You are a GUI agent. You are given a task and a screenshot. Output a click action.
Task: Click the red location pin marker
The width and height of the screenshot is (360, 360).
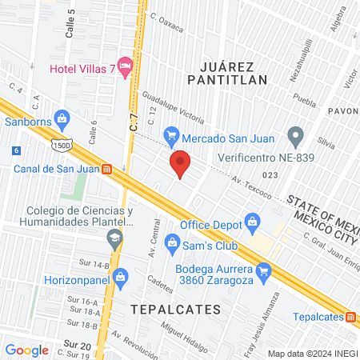(180, 163)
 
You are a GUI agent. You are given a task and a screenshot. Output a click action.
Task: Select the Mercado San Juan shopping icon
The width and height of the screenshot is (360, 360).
(170, 135)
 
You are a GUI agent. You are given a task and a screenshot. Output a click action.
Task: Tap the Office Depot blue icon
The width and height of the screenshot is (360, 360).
(253, 219)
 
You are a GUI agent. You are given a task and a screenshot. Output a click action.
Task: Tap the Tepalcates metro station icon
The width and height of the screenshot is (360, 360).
(350, 316)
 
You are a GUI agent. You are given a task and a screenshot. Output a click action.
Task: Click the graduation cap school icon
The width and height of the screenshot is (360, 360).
(116, 237)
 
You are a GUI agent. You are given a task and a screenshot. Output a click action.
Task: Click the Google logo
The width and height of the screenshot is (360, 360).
(26, 350)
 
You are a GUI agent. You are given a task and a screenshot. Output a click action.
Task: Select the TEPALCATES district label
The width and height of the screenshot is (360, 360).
(170, 306)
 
